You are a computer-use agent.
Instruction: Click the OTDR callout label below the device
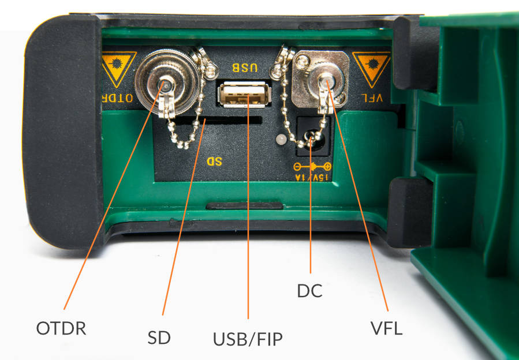click(x=61, y=329)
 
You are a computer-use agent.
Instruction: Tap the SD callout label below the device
click(x=159, y=338)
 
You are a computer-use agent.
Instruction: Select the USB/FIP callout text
click(x=248, y=339)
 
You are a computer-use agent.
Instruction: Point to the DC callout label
click(x=310, y=291)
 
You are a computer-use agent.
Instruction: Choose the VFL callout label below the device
click(x=387, y=328)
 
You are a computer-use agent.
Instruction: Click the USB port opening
click(x=245, y=95)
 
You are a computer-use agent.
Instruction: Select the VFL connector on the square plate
click(x=320, y=80)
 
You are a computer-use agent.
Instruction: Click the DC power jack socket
click(x=313, y=136)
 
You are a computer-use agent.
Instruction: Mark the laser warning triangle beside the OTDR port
click(x=118, y=69)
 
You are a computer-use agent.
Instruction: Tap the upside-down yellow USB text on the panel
click(x=245, y=68)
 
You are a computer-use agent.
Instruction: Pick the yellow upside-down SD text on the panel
click(x=214, y=162)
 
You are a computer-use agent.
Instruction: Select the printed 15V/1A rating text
click(x=312, y=178)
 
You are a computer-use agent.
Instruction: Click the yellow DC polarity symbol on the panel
click(x=312, y=166)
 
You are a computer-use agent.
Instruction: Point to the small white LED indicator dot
click(x=281, y=139)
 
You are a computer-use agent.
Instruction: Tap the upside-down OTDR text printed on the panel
click(x=118, y=98)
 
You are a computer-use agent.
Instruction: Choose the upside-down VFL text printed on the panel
click(x=372, y=98)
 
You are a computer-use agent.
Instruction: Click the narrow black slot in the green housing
click(x=245, y=206)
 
